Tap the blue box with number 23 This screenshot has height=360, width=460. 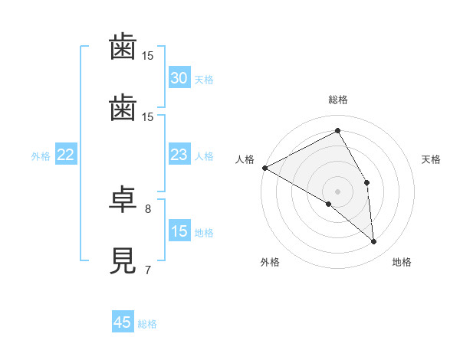click(x=179, y=155)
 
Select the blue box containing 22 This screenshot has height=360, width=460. click(x=66, y=155)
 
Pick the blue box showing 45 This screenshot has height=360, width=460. click(x=123, y=322)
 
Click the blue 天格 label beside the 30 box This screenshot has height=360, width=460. click(x=203, y=79)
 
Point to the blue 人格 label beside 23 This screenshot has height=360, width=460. click(x=203, y=156)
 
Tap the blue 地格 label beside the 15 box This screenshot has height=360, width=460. click(x=203, y=233)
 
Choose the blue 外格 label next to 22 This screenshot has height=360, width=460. click(x=41, y=156)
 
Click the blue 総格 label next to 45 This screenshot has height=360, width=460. click(x=147, y=324)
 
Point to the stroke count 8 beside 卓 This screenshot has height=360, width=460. click(x=148, y=208)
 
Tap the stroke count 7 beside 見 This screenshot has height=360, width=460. click(x=148, y=270)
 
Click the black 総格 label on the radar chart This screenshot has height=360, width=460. click(x=338, y=100)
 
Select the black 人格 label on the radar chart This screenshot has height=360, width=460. click(x=245, y=159)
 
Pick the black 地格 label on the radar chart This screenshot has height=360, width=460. click(x=402, y=262)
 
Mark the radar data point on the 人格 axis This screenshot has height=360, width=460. click(x=264, y=168)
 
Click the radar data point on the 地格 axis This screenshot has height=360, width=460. click(x=374, y=242)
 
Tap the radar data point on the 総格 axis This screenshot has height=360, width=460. click(x=338, y=131)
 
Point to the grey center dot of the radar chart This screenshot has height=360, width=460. click(x=338, y=191)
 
